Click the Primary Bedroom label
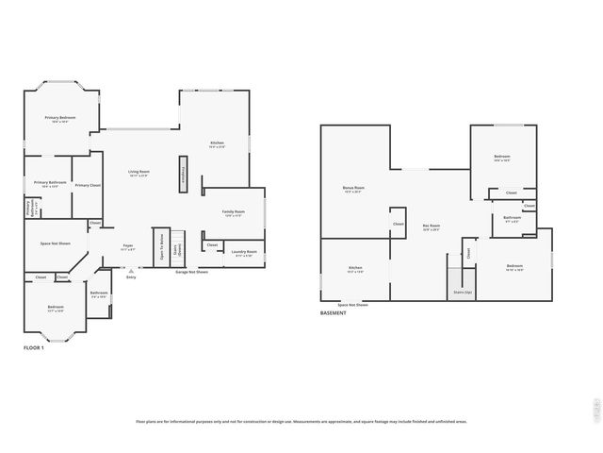click(60, 118)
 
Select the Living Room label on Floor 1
click(139, 172)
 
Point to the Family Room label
click(233, 212)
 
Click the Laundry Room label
click(245, 251)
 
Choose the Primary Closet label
click(88, 184)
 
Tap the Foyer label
click(127, 245)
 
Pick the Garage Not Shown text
click(192, 272)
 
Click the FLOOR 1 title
click(34, 348)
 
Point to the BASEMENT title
click(333, 312)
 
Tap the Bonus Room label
click(353, 188)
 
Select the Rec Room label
click(432, 226)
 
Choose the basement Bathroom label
click(512, 218)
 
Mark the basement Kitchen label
click(355, 268)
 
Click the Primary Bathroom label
click(47, 182)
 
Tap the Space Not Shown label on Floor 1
click(56, 243)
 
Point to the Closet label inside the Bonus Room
click(398, 224)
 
